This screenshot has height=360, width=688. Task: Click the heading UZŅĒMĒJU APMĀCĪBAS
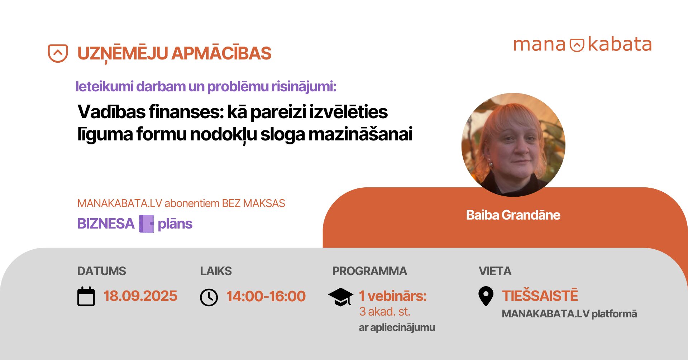click(175, 54)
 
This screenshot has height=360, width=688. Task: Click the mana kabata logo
click(582, 45)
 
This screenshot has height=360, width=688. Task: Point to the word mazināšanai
click(360, 134)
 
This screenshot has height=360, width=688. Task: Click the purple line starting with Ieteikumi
click(206, 87)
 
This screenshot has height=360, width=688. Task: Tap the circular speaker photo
click(513, 145)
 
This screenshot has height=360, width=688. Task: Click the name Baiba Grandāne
click(513, 215)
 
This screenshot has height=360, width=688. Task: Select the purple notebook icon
click(146, 224)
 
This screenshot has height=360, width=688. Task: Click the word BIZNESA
click(106, 224)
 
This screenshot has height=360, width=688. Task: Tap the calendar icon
click(86, 296)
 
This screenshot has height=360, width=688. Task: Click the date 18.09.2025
click(140, 296)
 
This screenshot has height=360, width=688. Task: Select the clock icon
click(209, 297)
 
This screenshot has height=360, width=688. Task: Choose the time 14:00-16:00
click(266, 296)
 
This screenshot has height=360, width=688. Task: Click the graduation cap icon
click(340, 297)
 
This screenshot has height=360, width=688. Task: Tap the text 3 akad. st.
click(384, 312)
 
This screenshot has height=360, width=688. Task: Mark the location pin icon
click(486, 296)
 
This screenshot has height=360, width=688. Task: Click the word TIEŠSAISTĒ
click(540, 296)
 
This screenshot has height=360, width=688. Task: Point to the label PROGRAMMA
click(369, 271)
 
